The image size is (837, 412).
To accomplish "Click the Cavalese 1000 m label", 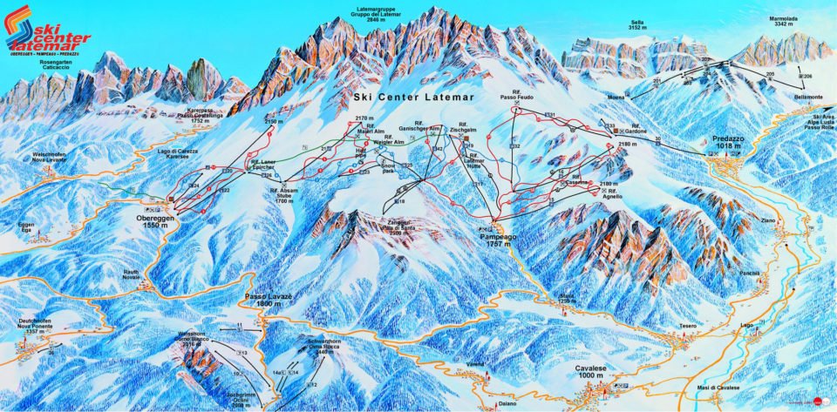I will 596,370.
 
